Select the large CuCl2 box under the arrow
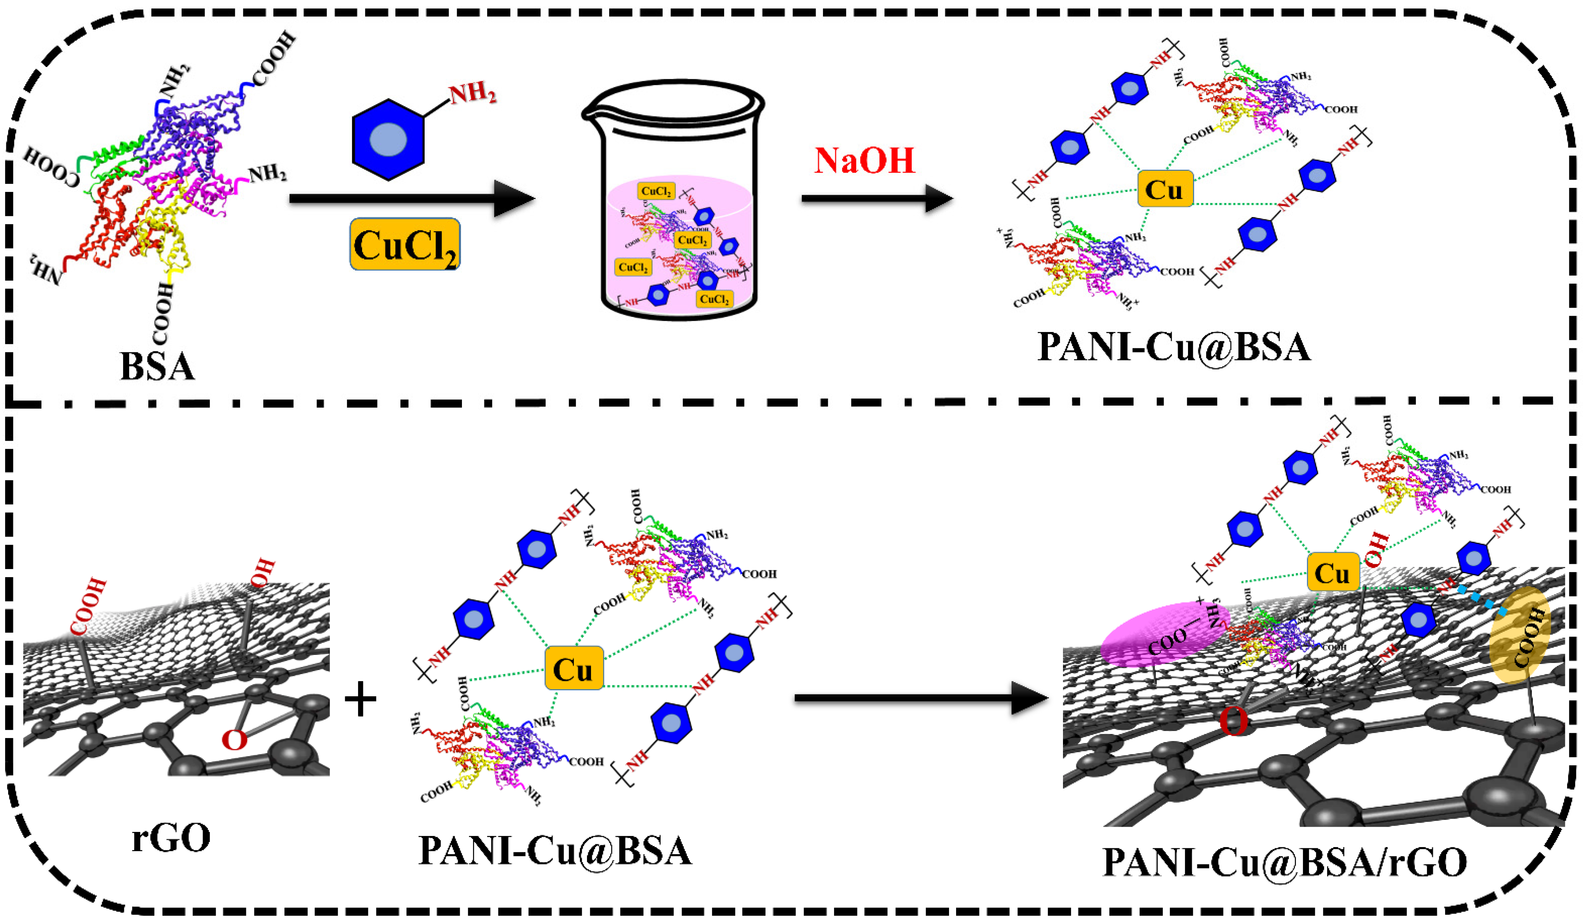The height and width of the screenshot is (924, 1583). click(x=405, y=244)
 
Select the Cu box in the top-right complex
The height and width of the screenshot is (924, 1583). click(x=1164, y=189)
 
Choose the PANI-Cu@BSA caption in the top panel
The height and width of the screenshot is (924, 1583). click(x=1174, y=347)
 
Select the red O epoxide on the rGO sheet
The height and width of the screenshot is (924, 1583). click(x=234, y=740)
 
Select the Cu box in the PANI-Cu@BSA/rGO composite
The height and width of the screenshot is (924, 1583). click(x=1332, y=573)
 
